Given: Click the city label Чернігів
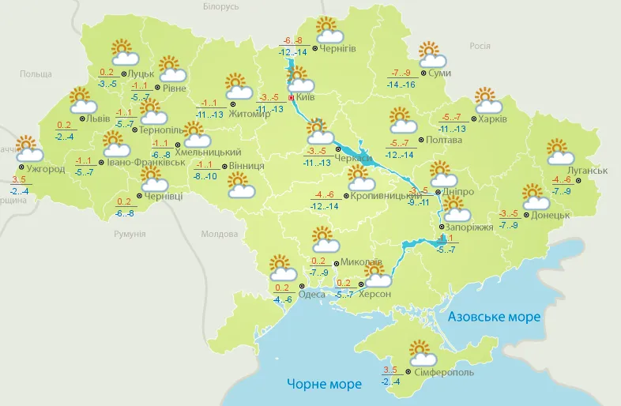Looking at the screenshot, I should (x=339, y=49).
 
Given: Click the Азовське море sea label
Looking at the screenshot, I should (x=494, y=317).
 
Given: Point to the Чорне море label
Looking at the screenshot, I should (x=324, y=384).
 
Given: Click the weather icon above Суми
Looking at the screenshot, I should (x=432, y=55).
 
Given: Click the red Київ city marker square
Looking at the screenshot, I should (x=291, y=98).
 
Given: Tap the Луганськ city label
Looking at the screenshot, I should (x=588, y=171).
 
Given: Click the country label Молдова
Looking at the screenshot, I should (x=220, y=234).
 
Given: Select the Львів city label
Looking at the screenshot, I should (x=98, y=118).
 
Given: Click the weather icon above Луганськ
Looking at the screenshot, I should (x=560, y=151).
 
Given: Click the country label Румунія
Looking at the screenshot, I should (x=130, y=234).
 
